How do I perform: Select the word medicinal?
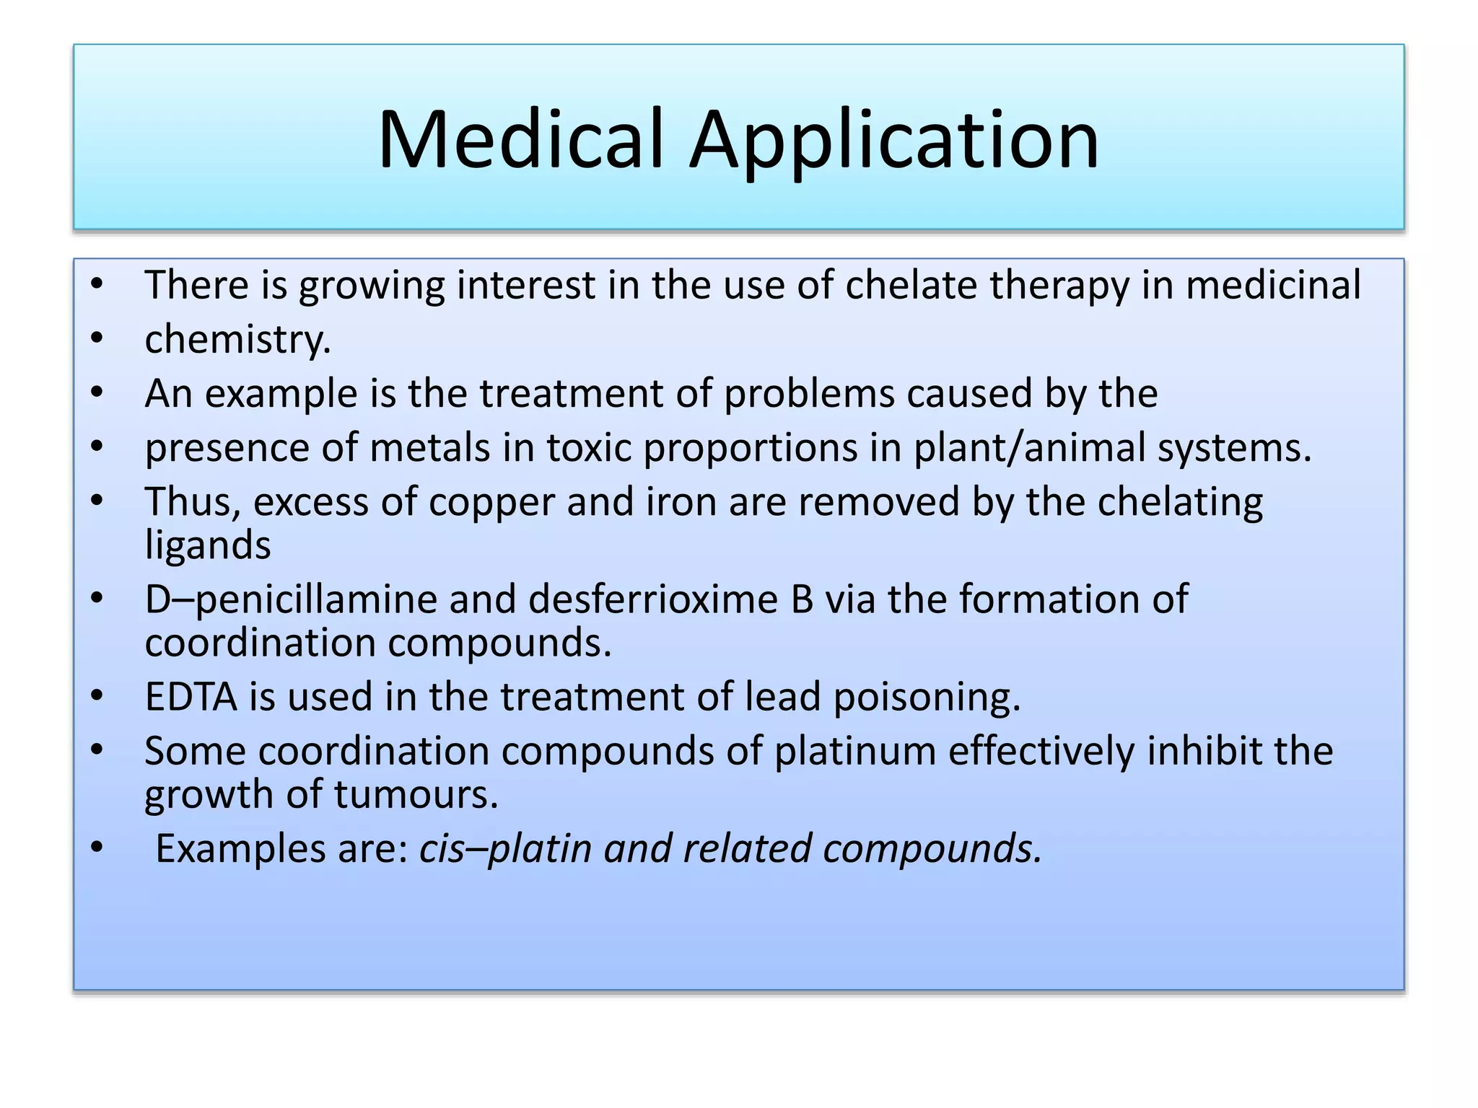click(1273, 284)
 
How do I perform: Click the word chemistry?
click(237, 339)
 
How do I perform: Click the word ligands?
click(208, 545)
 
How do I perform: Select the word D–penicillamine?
click(291, 599)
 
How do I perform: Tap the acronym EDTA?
click(191, 697)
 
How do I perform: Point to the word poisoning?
click(927, 697)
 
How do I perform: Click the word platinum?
click(854, 751)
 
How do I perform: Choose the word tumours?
click(416, 794)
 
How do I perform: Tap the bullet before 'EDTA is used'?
click(97, 696)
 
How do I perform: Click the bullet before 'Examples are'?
click(97, 848)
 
